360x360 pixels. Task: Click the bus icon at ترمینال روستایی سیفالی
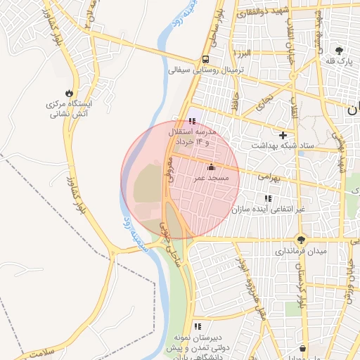(205, 59)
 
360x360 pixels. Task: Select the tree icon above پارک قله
(339, 50)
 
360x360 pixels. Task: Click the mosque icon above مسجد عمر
(211, 167)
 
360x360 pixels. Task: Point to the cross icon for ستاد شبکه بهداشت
(283, 134)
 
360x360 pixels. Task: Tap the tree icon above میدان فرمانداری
(302, 239)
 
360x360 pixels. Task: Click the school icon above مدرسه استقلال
(193, 121)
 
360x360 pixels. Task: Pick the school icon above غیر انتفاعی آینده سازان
(267, 198)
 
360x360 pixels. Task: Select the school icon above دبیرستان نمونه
(198, 326)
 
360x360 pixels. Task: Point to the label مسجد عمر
(211, 179)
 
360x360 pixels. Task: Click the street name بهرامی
(267, 178)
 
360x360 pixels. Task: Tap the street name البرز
(243, 53)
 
